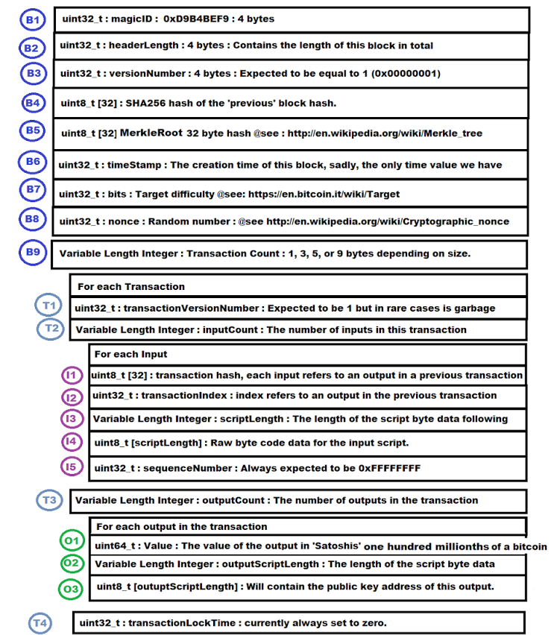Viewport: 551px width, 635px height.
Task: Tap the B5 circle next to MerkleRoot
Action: click(x=33, y=130)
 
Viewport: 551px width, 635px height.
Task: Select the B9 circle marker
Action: click(x=32, y=252)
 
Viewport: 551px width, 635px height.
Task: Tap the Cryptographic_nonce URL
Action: click(x=388, y=221)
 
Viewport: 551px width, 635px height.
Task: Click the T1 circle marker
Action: click(x=49, y=305)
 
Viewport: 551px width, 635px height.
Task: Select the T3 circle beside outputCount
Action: click(x=50, y=499)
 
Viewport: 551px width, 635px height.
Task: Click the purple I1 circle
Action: click(x=72, y=375)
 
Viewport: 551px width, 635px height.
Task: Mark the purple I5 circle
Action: click(x=72, y=467)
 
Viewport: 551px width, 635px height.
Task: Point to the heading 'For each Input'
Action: click(x=130, y=354)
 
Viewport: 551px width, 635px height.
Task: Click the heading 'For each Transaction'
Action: click(x=131, y=286)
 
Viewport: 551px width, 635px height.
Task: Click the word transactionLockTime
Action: click(x=177, y=622)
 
